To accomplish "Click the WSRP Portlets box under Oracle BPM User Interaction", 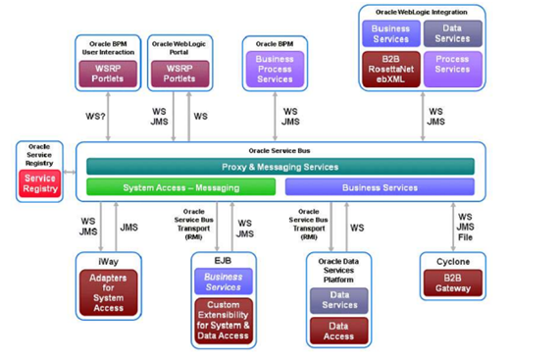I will coord(108,73).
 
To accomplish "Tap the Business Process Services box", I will coord(274,69).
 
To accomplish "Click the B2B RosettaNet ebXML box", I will coord(390,69).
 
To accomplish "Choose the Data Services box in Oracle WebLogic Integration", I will coord(452,33).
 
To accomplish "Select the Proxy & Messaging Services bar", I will coord(280,167).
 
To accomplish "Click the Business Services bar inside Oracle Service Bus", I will coord(379,186).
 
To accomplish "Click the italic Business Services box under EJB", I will coord(223,282).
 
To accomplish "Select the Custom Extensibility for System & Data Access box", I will coord(223,320).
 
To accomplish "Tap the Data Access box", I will coord(338,331).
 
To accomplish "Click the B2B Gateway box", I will coord(452,284).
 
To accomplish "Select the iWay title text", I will coord(108,262).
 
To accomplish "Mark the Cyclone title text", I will coord(452,262).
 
